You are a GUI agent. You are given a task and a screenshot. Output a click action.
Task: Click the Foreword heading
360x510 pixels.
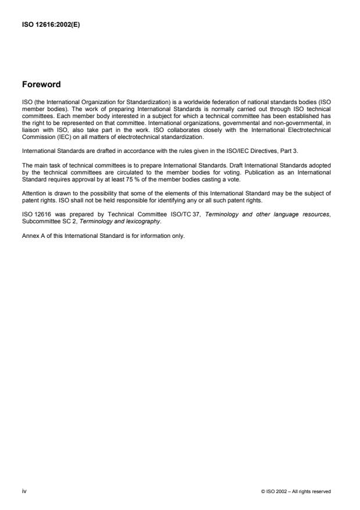tap(41, 84)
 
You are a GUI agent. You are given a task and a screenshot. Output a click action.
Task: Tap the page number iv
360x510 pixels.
tap(24, 491)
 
